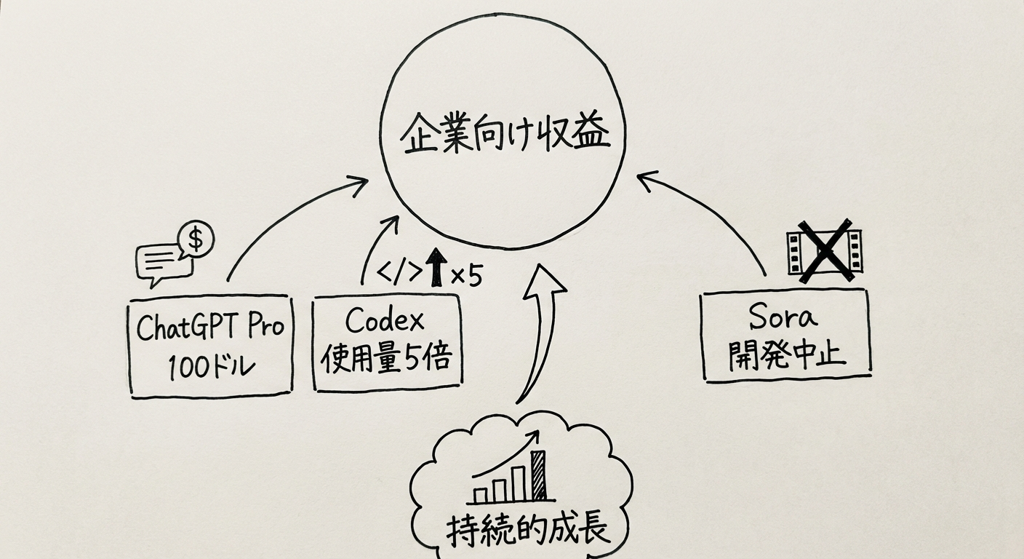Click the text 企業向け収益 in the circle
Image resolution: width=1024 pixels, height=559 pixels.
point(505,137)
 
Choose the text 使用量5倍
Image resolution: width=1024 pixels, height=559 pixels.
point(386,359)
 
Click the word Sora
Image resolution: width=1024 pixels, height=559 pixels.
point(783,317)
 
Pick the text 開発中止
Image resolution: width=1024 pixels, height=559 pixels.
point(785,354)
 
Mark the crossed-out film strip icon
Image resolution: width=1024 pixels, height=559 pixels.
point(824,250)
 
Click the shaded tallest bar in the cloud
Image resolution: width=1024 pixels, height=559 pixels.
point(538,475)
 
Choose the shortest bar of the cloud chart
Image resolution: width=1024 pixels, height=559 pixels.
point(481,495)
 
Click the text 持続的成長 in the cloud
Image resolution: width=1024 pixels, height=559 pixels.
point(527,529)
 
